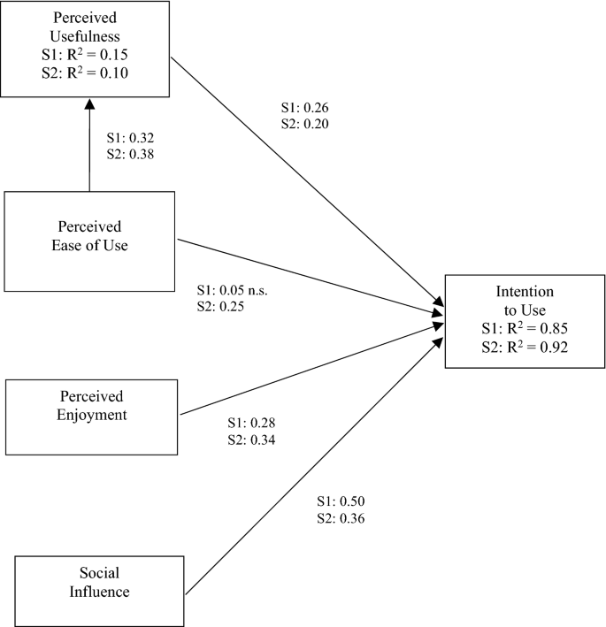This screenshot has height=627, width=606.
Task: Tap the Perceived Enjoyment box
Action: [x=92, y=404]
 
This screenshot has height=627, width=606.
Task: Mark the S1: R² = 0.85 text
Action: [x=525, y=330]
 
